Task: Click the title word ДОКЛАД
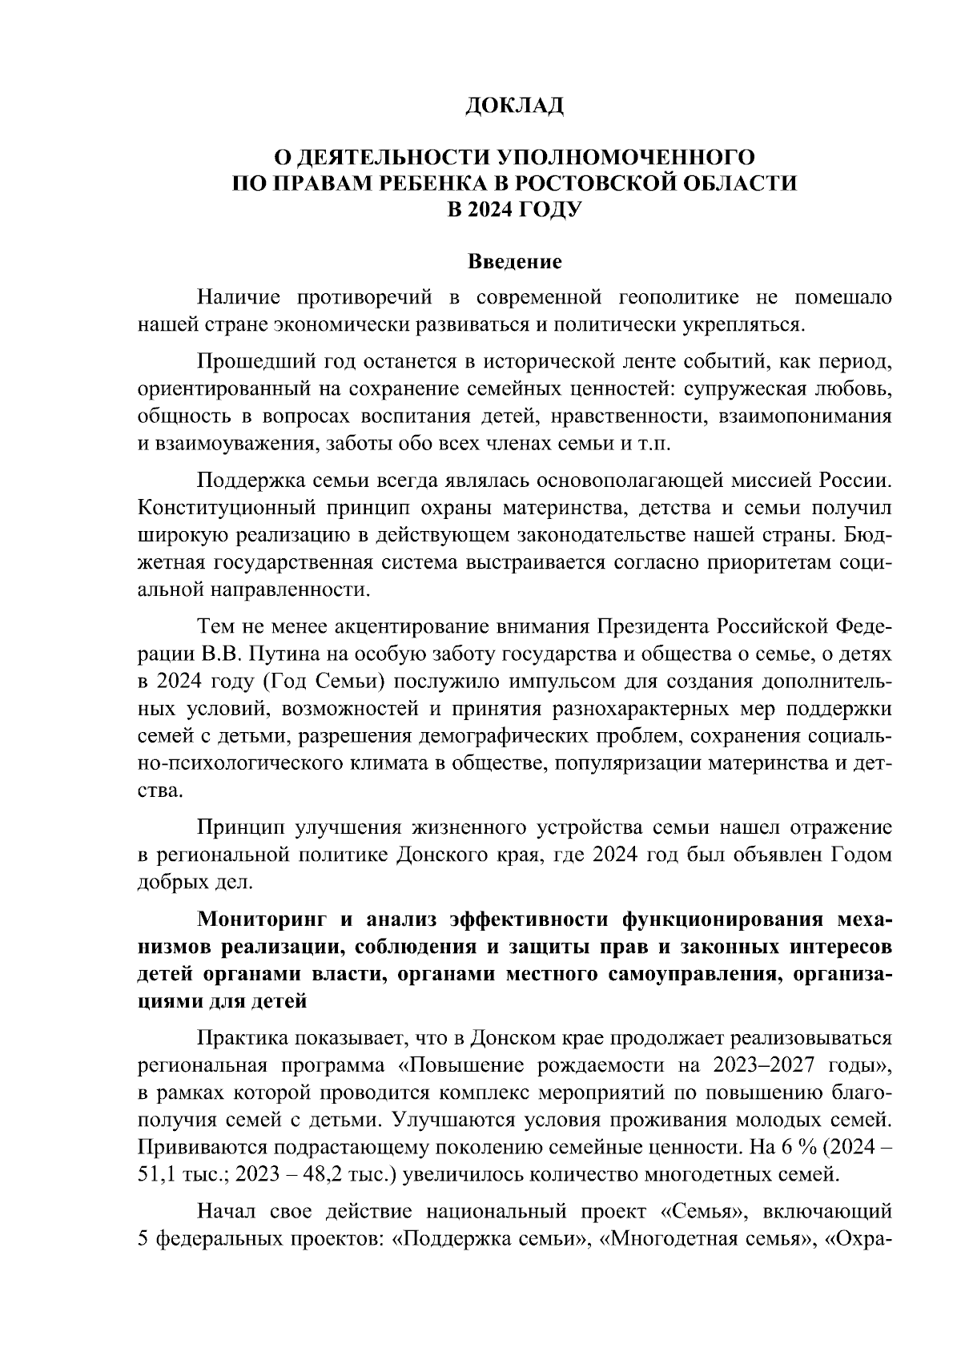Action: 516,106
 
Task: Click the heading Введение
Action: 515,262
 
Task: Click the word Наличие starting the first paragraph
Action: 237,298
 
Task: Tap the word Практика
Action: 240,1039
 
